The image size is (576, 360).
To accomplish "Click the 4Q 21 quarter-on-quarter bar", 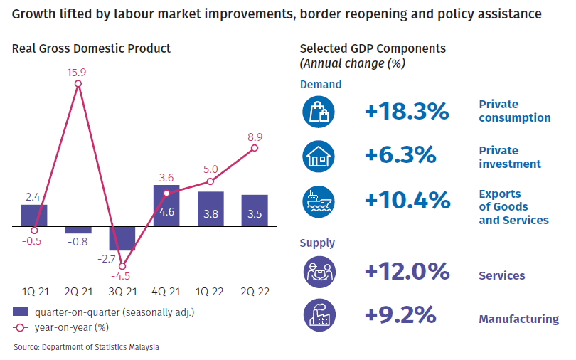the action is pos(166,206).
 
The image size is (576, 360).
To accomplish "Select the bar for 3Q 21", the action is pos(122,238).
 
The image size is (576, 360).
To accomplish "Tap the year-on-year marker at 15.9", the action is pos(78,84).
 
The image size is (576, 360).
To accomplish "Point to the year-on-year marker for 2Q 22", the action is pos(255,148).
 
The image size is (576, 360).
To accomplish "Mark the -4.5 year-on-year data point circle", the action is pos(122,266).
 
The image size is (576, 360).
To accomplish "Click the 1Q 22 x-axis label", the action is pos(209,292).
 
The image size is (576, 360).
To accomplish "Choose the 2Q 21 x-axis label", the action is pos(78,292).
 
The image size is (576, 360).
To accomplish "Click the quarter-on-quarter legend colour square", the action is pos(20,312).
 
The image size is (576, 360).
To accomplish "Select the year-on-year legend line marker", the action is pos(20,328).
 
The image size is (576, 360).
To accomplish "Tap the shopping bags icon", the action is pos(319,112).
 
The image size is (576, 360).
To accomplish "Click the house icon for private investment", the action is pos(319,157).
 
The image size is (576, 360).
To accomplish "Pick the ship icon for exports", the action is pos(319,201).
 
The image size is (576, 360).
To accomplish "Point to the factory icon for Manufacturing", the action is pos(319,314).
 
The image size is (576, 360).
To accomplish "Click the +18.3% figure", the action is pos(407,111).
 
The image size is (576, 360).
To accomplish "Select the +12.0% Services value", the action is pos(407,271).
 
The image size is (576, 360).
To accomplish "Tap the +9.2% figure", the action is pos(400,314).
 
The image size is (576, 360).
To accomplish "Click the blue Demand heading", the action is pos(321,85).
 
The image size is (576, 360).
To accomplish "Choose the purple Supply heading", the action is pos(317,243).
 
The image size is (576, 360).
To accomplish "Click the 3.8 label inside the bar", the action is pos(211,214).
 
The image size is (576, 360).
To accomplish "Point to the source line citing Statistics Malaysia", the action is pos(86,347).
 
